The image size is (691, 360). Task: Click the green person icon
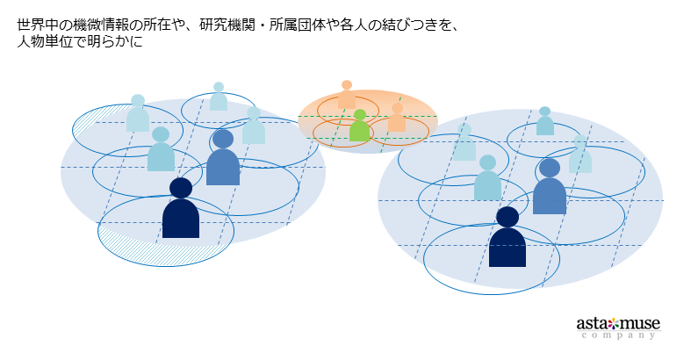(x=359, y=129)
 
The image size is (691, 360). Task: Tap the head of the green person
(x=359, y=115)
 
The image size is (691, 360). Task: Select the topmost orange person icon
(x=347, y=95)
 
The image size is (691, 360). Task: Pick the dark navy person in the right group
(x=507, y=241)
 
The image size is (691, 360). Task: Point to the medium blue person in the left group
(x=223, y=161)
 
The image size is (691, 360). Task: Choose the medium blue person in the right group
(x=550, y=190)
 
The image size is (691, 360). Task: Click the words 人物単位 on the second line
(x=45, y=42)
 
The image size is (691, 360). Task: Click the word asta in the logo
(x=592, y=323)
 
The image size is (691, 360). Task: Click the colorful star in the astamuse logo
(x=614, y=322)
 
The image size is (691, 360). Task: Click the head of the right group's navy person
(x=507, y=217)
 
